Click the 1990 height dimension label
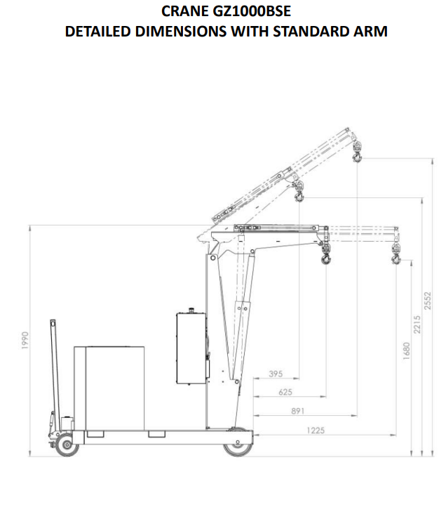tap(25, 340)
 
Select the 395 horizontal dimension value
tap(276, 374)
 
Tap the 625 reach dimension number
tap(285, 393)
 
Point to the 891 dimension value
tap(298, 411)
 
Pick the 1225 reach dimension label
tap(316, 431)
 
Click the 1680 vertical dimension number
tap(407, 350)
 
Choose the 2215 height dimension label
tap(417, 324)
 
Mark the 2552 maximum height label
tap(428, 301)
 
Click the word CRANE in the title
tap(184, 11)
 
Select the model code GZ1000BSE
tap(252, 11)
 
